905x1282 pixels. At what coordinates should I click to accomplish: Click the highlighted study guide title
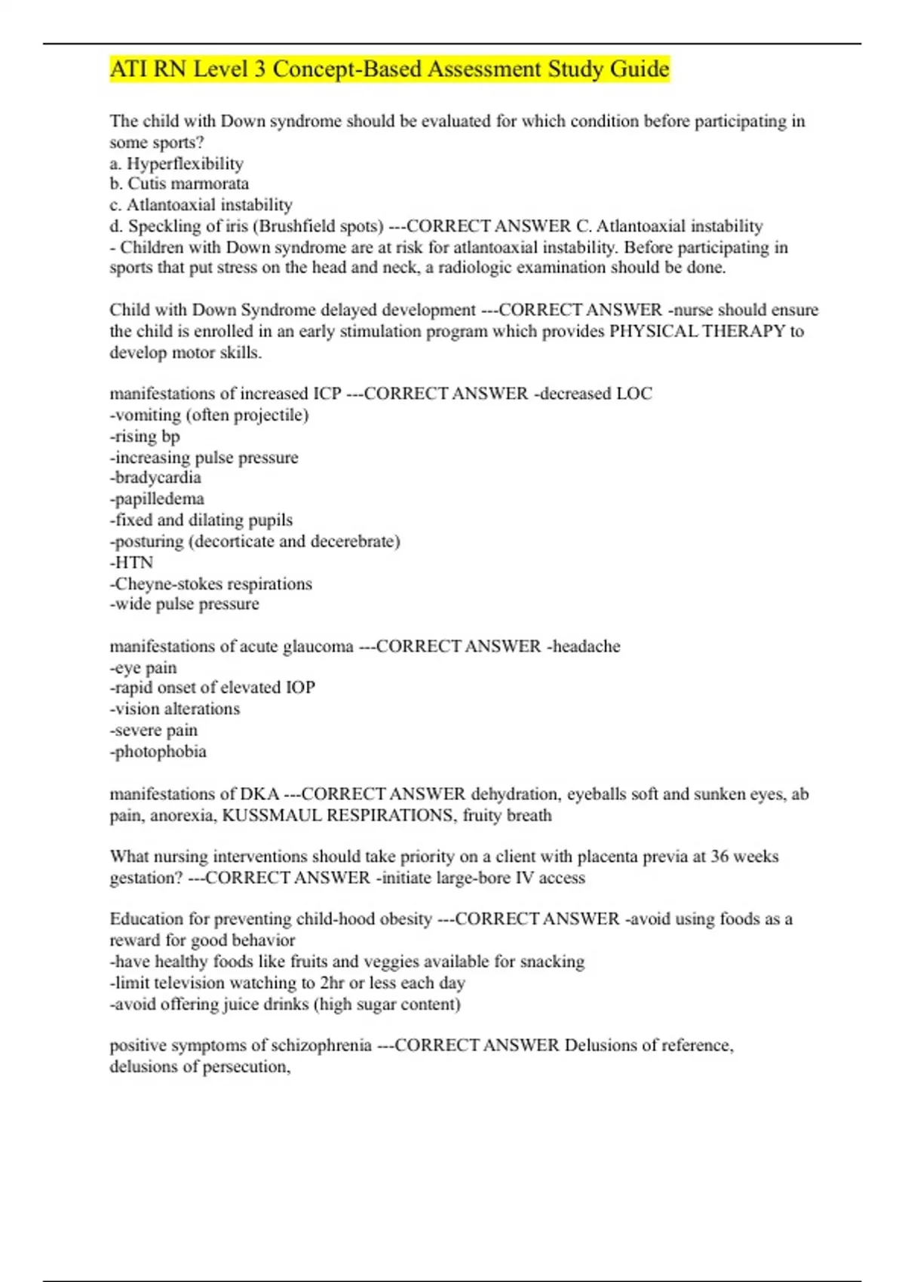point(389,69)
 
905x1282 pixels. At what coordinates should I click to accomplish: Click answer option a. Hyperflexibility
point(176,164)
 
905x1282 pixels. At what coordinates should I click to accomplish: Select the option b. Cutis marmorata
point(179,184)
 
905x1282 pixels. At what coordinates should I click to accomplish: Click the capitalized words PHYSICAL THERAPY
point(697,331)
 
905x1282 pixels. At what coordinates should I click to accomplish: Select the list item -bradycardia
point(155,478)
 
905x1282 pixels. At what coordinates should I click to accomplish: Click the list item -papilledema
point(157,499)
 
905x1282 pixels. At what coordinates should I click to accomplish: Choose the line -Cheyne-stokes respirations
point(210,584)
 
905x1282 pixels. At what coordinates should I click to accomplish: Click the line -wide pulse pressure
point(184,604)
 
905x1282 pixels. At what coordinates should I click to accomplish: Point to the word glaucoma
point(318,646)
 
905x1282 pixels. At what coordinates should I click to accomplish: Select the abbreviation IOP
point(300,688)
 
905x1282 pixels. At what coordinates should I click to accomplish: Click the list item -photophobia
point(158,752)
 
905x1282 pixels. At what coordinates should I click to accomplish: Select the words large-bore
point(475,878)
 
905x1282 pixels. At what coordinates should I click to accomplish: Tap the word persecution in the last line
point(244,1067)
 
